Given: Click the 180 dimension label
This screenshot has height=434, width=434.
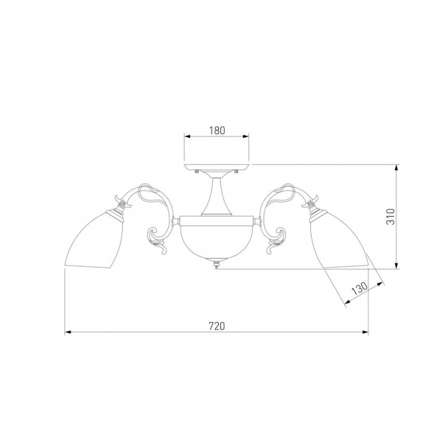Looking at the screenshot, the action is [x=217, y=130].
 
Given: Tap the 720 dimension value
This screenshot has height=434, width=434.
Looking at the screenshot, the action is [x=217, y=326].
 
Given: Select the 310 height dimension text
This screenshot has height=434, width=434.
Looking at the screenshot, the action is [x=391, y=217].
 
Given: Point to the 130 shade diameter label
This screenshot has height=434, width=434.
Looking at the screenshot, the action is [x=360, y=289].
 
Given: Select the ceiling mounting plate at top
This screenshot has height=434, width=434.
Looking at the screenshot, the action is [x=217, y=167].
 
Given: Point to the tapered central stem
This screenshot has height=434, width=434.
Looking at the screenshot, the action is [x=217, y=197].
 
